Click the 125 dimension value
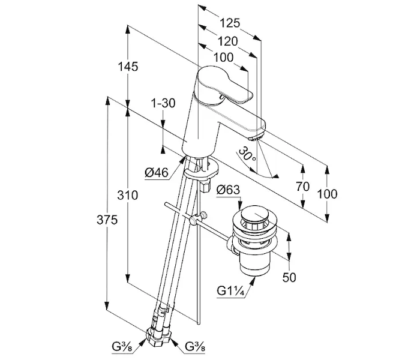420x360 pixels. click(230, 23)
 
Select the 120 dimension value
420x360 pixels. click(227, 41)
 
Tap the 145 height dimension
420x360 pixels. click(128, 67)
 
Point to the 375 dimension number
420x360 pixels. click(107, 220)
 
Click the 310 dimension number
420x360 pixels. click(127, 195)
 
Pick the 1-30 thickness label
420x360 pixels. click(163, 103)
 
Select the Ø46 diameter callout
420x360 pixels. click(157, 173)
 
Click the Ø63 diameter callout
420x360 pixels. click(228, 190)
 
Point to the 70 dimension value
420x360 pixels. click(302, 187)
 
